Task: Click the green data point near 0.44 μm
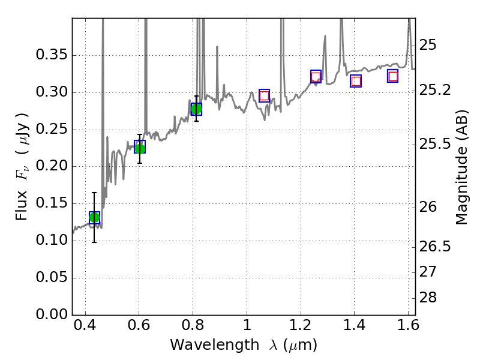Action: [x=94, y=217]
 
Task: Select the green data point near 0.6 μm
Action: [x=140, y=148]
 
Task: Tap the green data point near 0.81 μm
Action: [x=196, y=109]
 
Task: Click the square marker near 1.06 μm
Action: [x=264, y=95]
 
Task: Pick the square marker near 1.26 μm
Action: [x=316, y=76]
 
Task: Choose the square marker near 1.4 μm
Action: [x=356, y=81]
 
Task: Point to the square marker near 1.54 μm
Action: [x=393, y=76]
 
